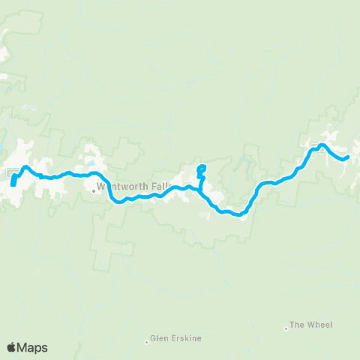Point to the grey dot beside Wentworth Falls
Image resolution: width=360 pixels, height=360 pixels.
click(94, 190)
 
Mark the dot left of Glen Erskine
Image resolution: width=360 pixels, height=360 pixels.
click(146, 342)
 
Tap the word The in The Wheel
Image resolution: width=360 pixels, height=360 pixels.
click(297, 325)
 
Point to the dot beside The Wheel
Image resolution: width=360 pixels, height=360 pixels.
click(286, 328)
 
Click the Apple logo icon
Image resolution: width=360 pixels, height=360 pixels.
click(12, 347)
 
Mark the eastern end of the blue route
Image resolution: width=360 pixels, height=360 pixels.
click(348, 157)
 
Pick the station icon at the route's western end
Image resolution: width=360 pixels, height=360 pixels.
click(13, 173)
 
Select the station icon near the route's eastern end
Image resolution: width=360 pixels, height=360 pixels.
click(315, 147)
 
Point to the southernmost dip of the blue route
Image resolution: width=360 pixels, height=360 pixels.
click(238, 215)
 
